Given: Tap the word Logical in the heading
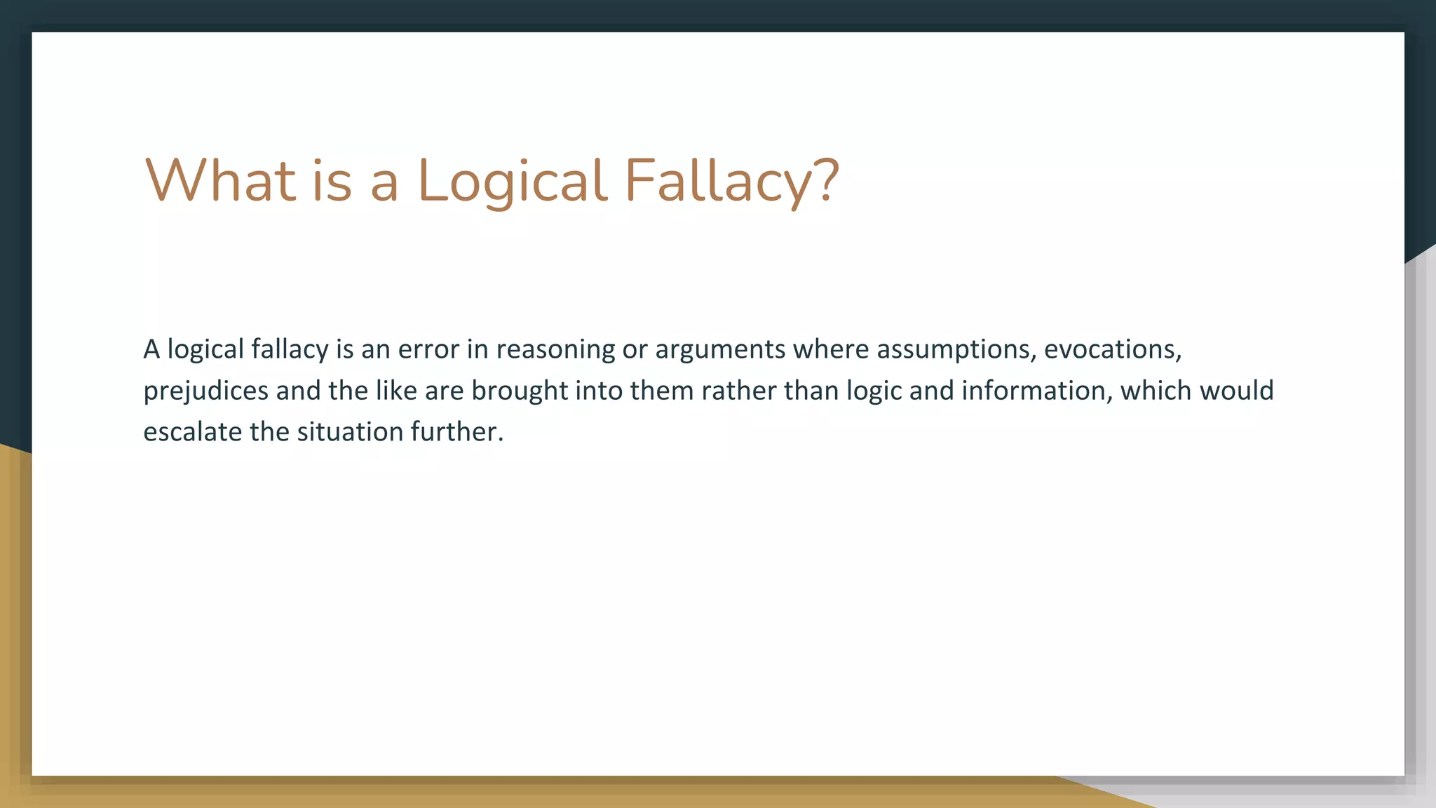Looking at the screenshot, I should pyautogui.click(x=511, y=180).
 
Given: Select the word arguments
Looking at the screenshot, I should pyautogui.click(x=720, y=349).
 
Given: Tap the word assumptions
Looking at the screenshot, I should pyautogui.click(x=956, y=349).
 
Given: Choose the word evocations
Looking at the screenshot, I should pyautogui.click(x=1109, y=349).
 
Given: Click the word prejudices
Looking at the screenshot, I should pyautogui.click(x=205, y=391).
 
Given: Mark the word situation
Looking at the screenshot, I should pyautogui.click(x=350, y=432).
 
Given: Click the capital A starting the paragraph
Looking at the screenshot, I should pyautogui.click(x=151, y=349).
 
